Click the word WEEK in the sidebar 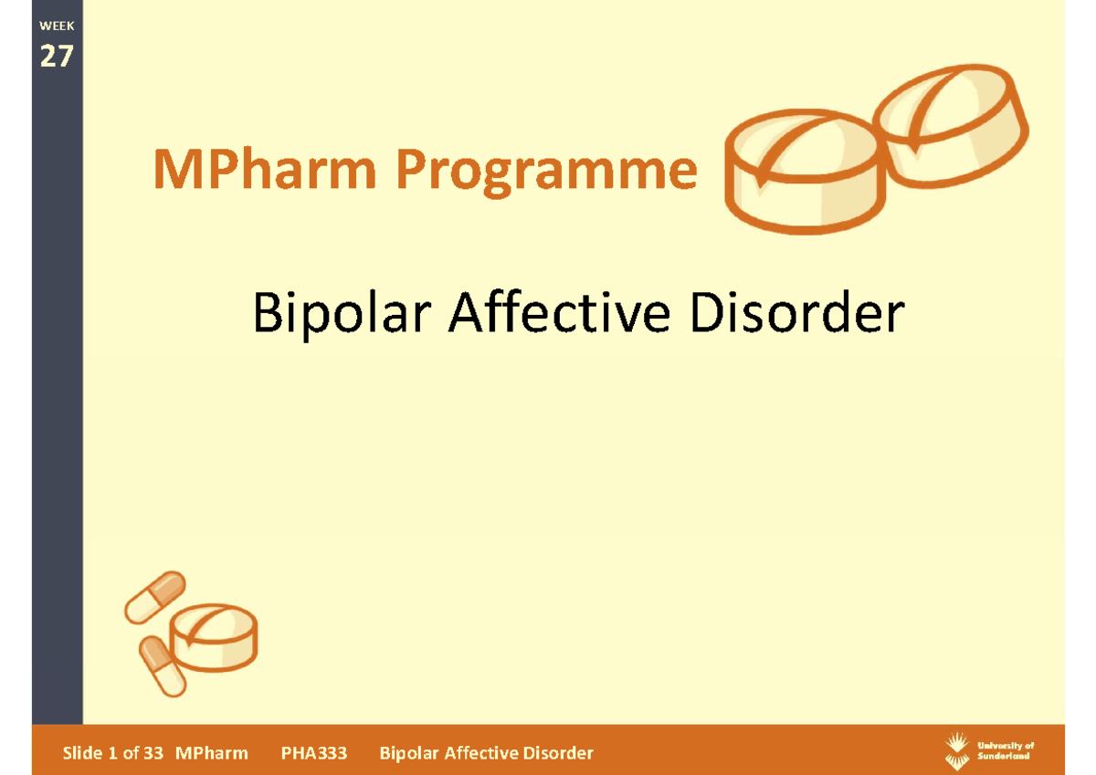click(56, 26)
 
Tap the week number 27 click(56, 57)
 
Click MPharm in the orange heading click(264, 171)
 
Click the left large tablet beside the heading click(804, 173)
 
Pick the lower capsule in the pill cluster click(161, 665)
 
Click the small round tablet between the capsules click(216, 634)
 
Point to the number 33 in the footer click(153, 753)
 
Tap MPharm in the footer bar click(212, 753)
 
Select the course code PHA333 click(313, 753)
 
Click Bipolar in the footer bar click(409, 753)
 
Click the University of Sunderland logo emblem click(956, 750)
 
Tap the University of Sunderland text click(1005, 750)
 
